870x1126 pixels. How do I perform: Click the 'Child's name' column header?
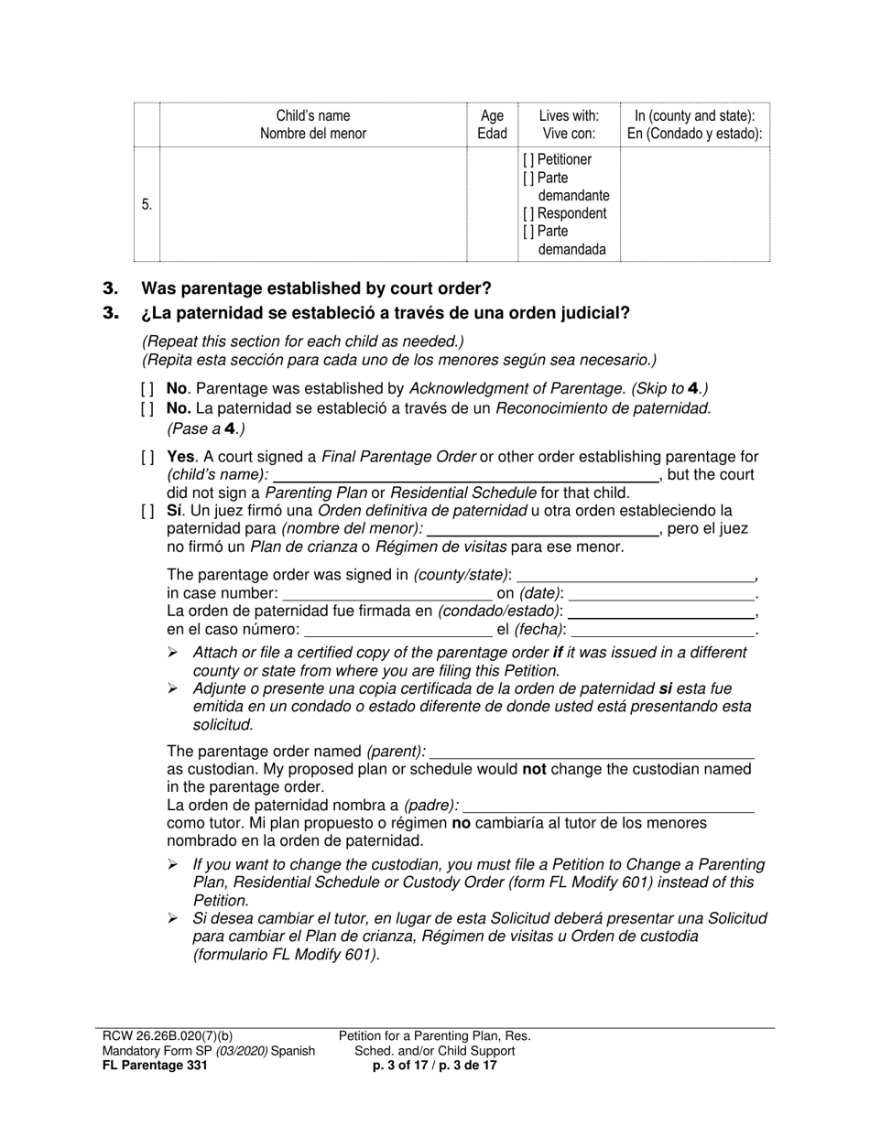click(312, 116)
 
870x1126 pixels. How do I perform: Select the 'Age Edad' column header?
click(492, 125)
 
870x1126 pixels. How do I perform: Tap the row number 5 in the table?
click(147, 205)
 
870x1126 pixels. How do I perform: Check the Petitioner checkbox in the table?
click(527, 160)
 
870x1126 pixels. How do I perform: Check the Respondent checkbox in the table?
click(527, 214)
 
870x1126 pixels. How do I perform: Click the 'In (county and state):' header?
click(694, 116)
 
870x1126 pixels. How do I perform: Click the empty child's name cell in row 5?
click(312, 205)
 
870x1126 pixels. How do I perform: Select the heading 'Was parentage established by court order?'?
click(316, 288)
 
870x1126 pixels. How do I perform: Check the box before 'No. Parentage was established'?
click(147, 388)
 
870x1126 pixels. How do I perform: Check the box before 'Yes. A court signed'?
click(147, 457)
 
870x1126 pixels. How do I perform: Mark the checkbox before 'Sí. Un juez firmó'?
click(147, 511)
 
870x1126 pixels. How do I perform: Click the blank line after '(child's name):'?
click(465, 475)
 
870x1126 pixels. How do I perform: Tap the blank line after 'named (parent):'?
click(592, 752)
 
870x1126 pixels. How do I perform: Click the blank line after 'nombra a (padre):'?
click(609, 806)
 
